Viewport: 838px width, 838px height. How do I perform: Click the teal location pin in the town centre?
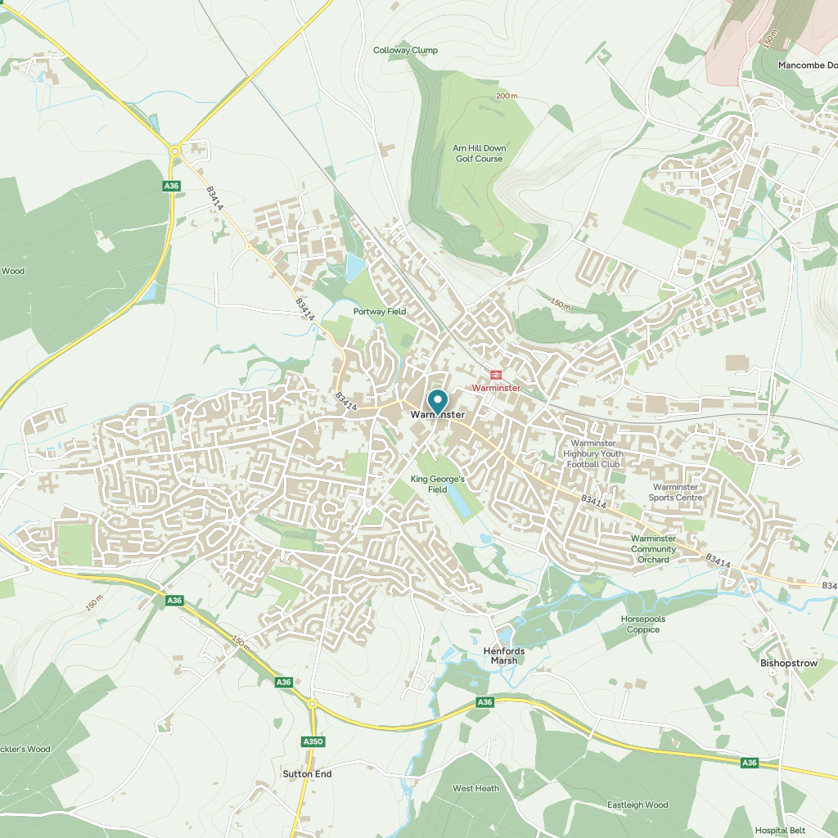pyautogui.click(x=438, y=401)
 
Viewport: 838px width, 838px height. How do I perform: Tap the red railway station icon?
pyautogui.click(x=496, y=375)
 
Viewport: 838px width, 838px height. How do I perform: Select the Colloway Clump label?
pyautogui.click(x=405, y=50)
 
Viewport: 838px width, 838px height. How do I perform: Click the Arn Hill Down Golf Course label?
pyautogui.click(x=480, y=153)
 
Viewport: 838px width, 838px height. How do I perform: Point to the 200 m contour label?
pyautogui.click(x=507, y=96)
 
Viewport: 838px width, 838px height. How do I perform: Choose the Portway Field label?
pyautogui.click(x=380, y=312)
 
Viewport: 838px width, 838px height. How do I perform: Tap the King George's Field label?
pyautogui.click(x=438, y=484)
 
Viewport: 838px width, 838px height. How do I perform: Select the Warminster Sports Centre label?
pyautogui.click(x=676, y=492)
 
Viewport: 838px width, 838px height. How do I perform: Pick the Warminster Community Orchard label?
pyautogui.click(x=653, y=549)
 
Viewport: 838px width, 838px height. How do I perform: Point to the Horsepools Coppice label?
pyautogui.click(x=643, y=624)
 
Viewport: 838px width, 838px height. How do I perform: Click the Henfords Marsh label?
pyautogui.click(x=504, y=656)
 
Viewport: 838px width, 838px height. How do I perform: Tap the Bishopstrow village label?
pyautogui.click(x=789, y=662)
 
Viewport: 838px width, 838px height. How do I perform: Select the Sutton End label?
pyautogui.click(x=307, y=773)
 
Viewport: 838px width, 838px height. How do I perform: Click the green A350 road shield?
pyautogui.click(x=313, y=741)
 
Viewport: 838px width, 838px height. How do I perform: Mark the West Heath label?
pyautogui.click(x=475, y=788)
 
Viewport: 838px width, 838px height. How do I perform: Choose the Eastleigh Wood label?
pyautogui.click(x=638, y=804)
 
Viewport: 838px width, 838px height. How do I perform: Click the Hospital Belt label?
pyautogui.click(x=781, y=830)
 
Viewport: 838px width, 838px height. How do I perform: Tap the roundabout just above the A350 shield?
pyautogui.click(x=312, y=704)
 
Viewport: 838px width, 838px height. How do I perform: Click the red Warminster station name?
pyautogui.click(x=496, y=387)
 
